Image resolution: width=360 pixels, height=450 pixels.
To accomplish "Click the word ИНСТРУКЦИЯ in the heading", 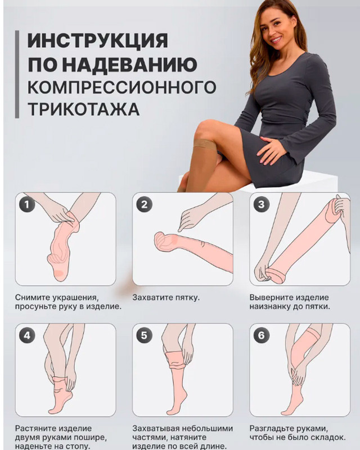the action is tap(98, 40).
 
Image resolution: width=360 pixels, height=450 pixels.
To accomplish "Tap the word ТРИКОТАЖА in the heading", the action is tap(84, 109).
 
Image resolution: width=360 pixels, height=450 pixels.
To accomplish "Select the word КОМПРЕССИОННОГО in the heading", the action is tap(121, 87).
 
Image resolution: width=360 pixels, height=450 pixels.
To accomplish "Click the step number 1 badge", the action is tap(27, 204).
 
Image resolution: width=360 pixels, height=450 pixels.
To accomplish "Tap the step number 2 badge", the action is tap(144, 204).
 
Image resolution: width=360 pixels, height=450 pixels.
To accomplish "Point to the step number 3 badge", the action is tap(261, 204).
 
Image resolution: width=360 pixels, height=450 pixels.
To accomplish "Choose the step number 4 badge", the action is tap(27, 335).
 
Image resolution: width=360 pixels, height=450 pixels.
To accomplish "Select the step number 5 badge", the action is tap(144, 335).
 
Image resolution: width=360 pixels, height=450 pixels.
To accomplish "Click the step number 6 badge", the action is tap(261, 335).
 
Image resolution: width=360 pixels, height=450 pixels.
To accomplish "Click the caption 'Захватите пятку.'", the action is tap(166, 298).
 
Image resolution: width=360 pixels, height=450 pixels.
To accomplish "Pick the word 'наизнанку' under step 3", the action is tap(269, 307).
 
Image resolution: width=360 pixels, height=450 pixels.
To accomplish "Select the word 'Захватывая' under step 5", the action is tap(155, 429).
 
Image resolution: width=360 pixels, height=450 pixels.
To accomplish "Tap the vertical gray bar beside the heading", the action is tap(17, 74).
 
